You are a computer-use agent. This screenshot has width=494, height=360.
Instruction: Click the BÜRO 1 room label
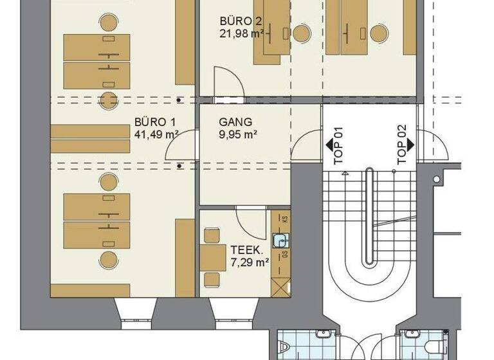156,122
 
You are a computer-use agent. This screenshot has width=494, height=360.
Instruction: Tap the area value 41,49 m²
156,135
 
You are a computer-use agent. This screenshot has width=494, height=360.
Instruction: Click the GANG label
235,122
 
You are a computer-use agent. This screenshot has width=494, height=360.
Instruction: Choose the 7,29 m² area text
249,262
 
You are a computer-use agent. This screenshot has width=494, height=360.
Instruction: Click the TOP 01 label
340,149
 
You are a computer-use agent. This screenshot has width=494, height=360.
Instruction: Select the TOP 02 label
402,149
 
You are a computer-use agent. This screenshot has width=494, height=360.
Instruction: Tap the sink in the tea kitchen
280,241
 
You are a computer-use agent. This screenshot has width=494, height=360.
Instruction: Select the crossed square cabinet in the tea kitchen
280,285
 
